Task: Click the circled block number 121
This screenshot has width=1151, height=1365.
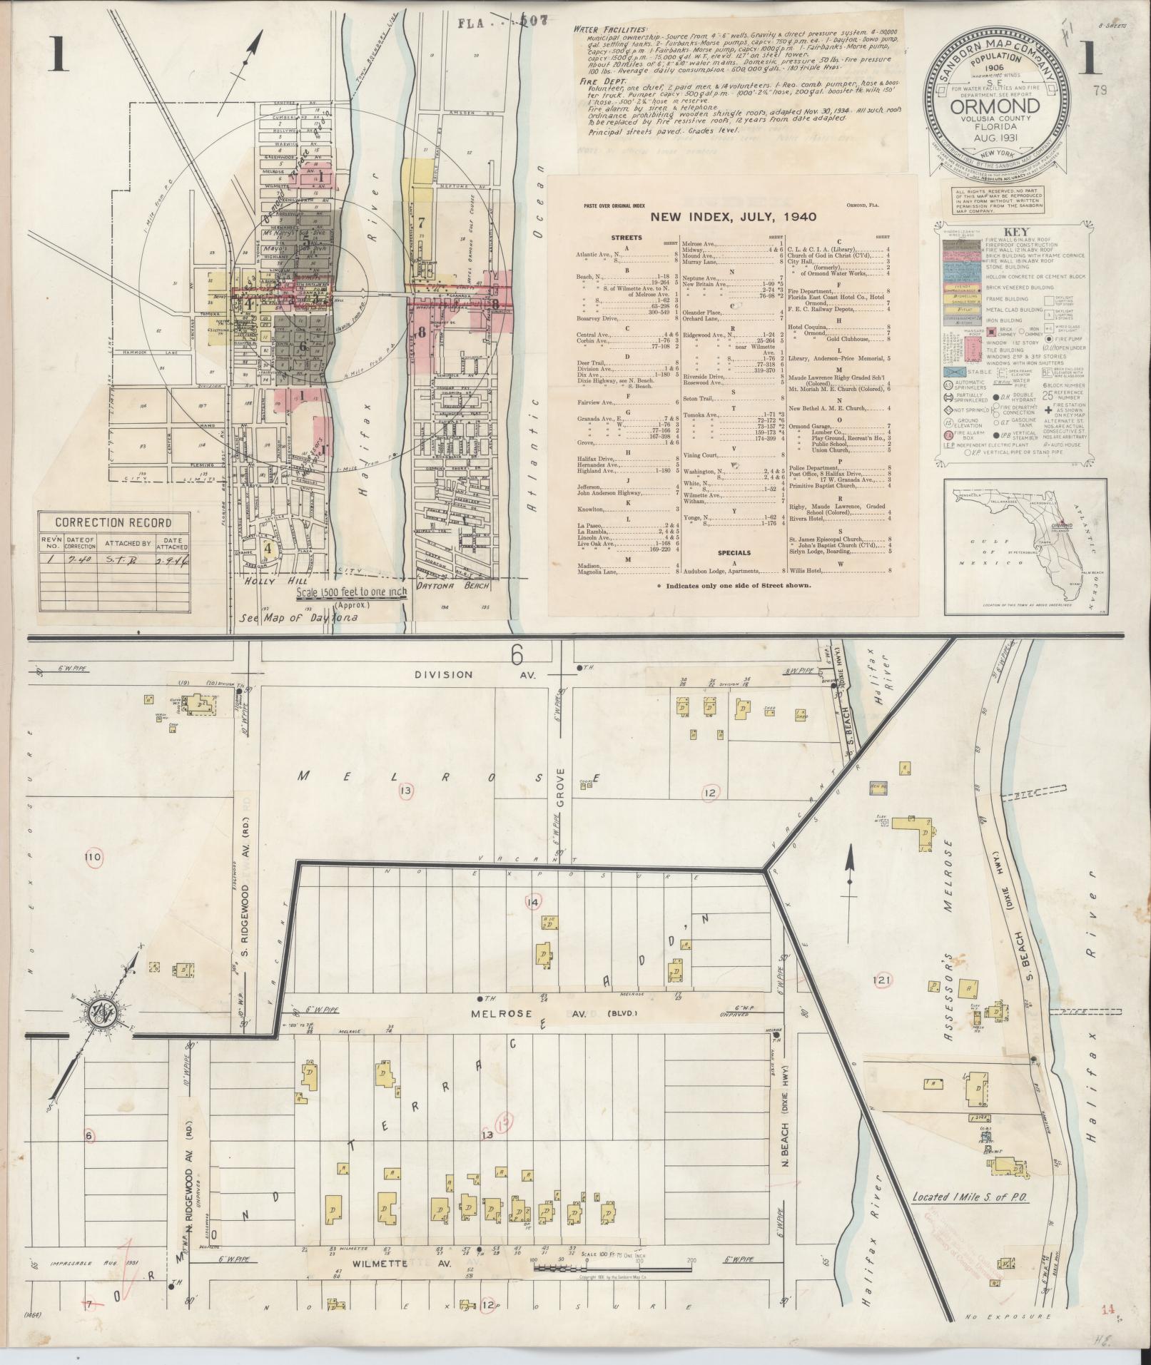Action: pos(882,981)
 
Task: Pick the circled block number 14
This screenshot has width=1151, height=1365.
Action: pos(532,902)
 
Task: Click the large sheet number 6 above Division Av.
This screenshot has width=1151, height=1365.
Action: pos(517,652)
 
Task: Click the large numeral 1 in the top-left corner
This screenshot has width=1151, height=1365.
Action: pos(58,55)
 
